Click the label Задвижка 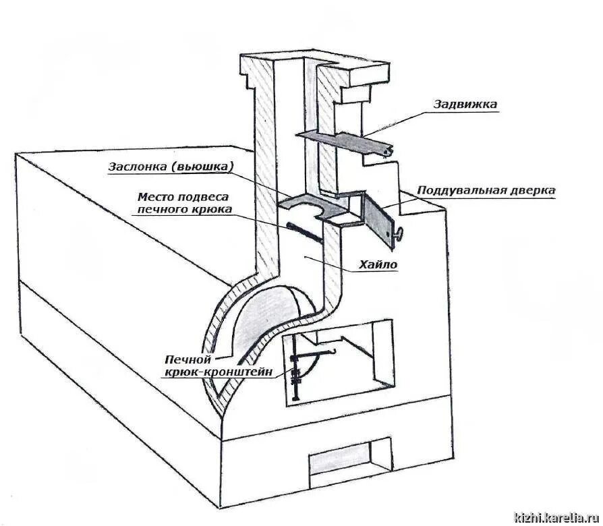[465, 105]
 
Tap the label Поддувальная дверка [486, 191]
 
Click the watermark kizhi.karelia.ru [558, 517]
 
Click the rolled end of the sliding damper [388, 154]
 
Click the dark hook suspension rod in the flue [306, 233]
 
